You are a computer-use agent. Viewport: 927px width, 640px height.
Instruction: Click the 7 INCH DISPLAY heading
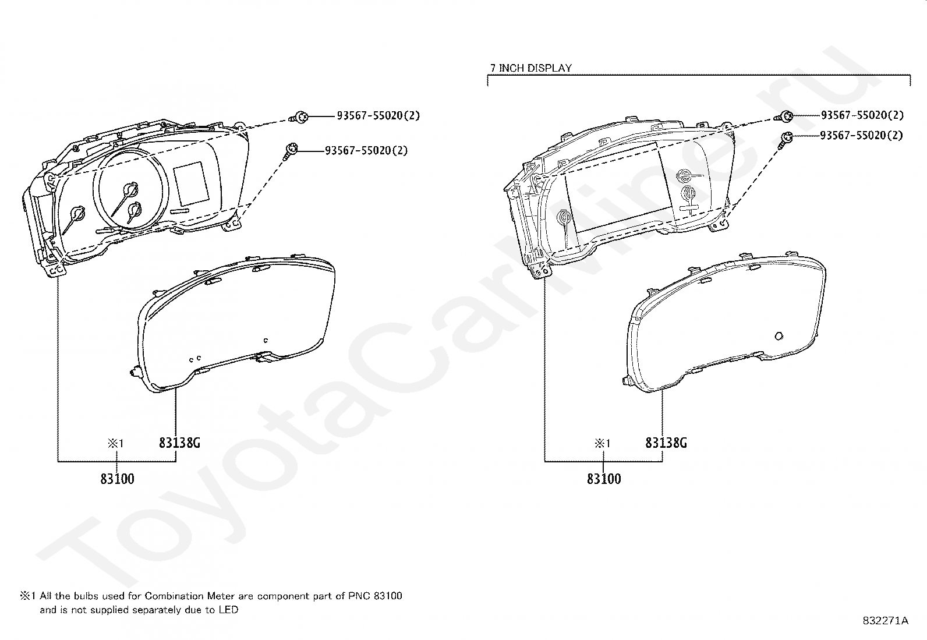click(x=530, y=68)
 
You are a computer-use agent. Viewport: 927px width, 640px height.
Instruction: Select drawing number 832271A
click(x=885, y=621)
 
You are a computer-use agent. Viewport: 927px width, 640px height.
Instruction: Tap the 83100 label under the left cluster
click(x=117, y=479)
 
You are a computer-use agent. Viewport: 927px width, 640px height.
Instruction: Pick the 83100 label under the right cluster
click(x=604, y=479)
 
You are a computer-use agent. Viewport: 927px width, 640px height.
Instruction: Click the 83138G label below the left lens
click(x=179, y=443)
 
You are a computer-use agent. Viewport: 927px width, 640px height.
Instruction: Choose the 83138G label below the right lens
click(x=666, y=443)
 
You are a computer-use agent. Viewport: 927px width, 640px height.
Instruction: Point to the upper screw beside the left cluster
click(x=300, y=117)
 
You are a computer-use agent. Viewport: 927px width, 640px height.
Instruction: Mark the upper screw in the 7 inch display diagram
click(x=786, y=116)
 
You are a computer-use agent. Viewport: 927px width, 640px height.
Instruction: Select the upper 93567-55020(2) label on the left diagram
click(x=378, y=115)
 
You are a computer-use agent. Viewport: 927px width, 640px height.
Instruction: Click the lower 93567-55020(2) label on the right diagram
click(x=861, y=135)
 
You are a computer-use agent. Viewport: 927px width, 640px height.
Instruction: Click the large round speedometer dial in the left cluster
click(x=133, y=189)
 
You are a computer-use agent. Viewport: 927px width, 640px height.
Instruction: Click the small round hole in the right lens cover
click(x=779, y=335)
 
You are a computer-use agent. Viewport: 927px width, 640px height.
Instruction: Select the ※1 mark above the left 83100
click(x=115, y=443)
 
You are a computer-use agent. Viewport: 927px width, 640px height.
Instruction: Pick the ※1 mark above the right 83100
click(x=602, y=443)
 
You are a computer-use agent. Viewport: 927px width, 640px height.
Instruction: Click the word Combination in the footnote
click(x=170, y=596)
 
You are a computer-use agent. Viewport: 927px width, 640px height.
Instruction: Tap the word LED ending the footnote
click(x=229, y=610)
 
